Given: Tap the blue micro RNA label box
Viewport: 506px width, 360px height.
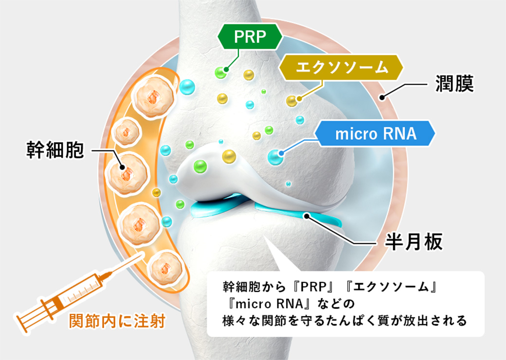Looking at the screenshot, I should (x=375, y=134).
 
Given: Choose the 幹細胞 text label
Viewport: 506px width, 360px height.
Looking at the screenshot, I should (x=55, y=150).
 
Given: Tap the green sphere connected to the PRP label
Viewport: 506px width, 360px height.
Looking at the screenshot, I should (x=221, y=72).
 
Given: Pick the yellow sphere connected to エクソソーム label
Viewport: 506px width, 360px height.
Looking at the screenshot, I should (x=292, y=101).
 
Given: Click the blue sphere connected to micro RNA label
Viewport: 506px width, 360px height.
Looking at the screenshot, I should (x=276, y=157).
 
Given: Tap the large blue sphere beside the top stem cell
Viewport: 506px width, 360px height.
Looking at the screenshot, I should (x=187, y=88).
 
